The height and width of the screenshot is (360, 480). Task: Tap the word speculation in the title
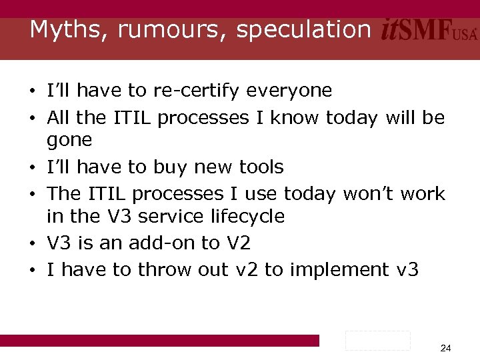click(x=303, y=30)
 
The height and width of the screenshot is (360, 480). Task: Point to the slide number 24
click(x=446, y=348)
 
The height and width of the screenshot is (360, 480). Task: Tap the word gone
click(x=69, y=141)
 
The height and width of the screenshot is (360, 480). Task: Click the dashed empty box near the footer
click(x=378, y=340)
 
